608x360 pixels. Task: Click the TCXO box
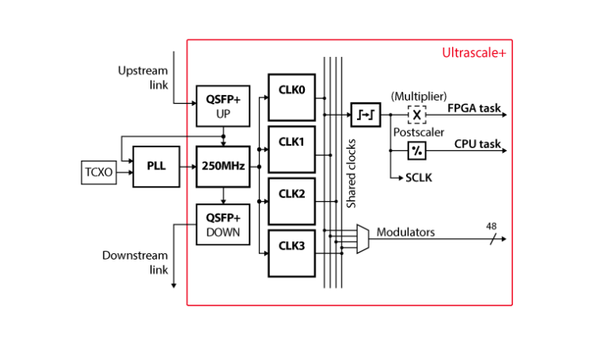pos(99,171)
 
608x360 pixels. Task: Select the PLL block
pos(156,166)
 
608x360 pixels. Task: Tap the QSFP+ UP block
pos(222,106)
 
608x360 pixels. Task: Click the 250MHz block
pos(222,166)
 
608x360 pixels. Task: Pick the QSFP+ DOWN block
pos(222,225)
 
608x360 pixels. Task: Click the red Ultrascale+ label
pos(474,54)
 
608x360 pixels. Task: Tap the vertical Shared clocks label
pos(352,173)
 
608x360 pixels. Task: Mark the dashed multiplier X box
pos(417,114)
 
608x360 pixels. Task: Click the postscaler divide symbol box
pos(417,150)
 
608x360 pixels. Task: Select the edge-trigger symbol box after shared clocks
pos(366,114)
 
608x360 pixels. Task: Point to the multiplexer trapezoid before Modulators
pos(363,238)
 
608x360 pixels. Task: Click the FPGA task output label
pos(475,108)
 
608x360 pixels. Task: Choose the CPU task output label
pos(477,144)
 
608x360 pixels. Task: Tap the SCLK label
pos(420,180)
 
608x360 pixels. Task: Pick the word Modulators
pos(405,233)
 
